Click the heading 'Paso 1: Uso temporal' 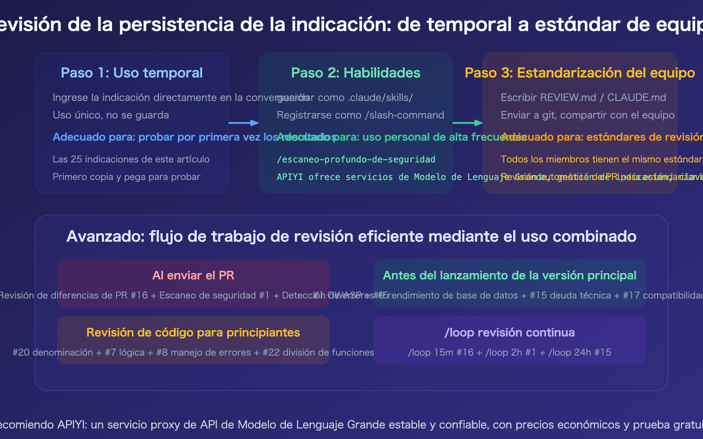click(x=131, y=73)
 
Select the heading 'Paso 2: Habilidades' click(x=355, y=73)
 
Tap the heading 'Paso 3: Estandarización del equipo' click(x=580, y=73)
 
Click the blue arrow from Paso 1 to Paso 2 click(x=243, y=123)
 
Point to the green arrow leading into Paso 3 click(x=467, y=123)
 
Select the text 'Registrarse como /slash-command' click(x=360, y=115)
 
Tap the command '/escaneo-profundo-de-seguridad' click(x=356, y=159)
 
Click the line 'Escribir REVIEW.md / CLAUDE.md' click(x=583, y=97)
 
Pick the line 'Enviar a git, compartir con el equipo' click(x=587, y=115)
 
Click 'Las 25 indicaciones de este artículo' click(x=131, y=159)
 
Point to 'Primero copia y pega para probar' click(x=127, y=177)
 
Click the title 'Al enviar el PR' click(x=193, y=275)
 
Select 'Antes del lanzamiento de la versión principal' click(x=509, y=275)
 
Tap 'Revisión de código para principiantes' click(x=193, y=332)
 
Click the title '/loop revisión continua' click(x=509, y=332)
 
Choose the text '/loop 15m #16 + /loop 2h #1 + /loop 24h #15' click(x=509, y=353)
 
